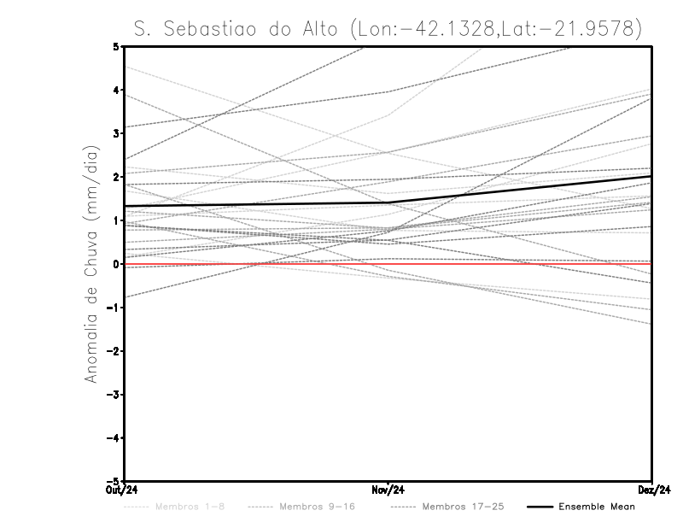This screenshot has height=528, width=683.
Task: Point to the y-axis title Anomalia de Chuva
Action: point(91,264)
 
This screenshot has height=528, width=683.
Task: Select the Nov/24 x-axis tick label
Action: point(388,489)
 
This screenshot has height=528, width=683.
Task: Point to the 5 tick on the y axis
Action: point(118,46)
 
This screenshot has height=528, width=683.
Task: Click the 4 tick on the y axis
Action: point(118,90)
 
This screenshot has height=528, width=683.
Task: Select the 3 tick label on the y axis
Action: point(118,133)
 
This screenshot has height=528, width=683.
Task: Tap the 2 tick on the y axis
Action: point(118,177)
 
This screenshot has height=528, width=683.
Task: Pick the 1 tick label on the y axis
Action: point(118,220)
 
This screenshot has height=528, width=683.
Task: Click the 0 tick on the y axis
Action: point(118,264)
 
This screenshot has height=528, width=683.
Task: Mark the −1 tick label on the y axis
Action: point(115,308)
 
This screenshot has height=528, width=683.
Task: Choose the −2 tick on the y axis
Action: point(115,351)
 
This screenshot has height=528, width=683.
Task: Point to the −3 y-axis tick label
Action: point(115,395)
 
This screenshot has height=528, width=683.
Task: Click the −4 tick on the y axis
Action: point(115,438)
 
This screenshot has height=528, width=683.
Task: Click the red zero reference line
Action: point(512,264)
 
